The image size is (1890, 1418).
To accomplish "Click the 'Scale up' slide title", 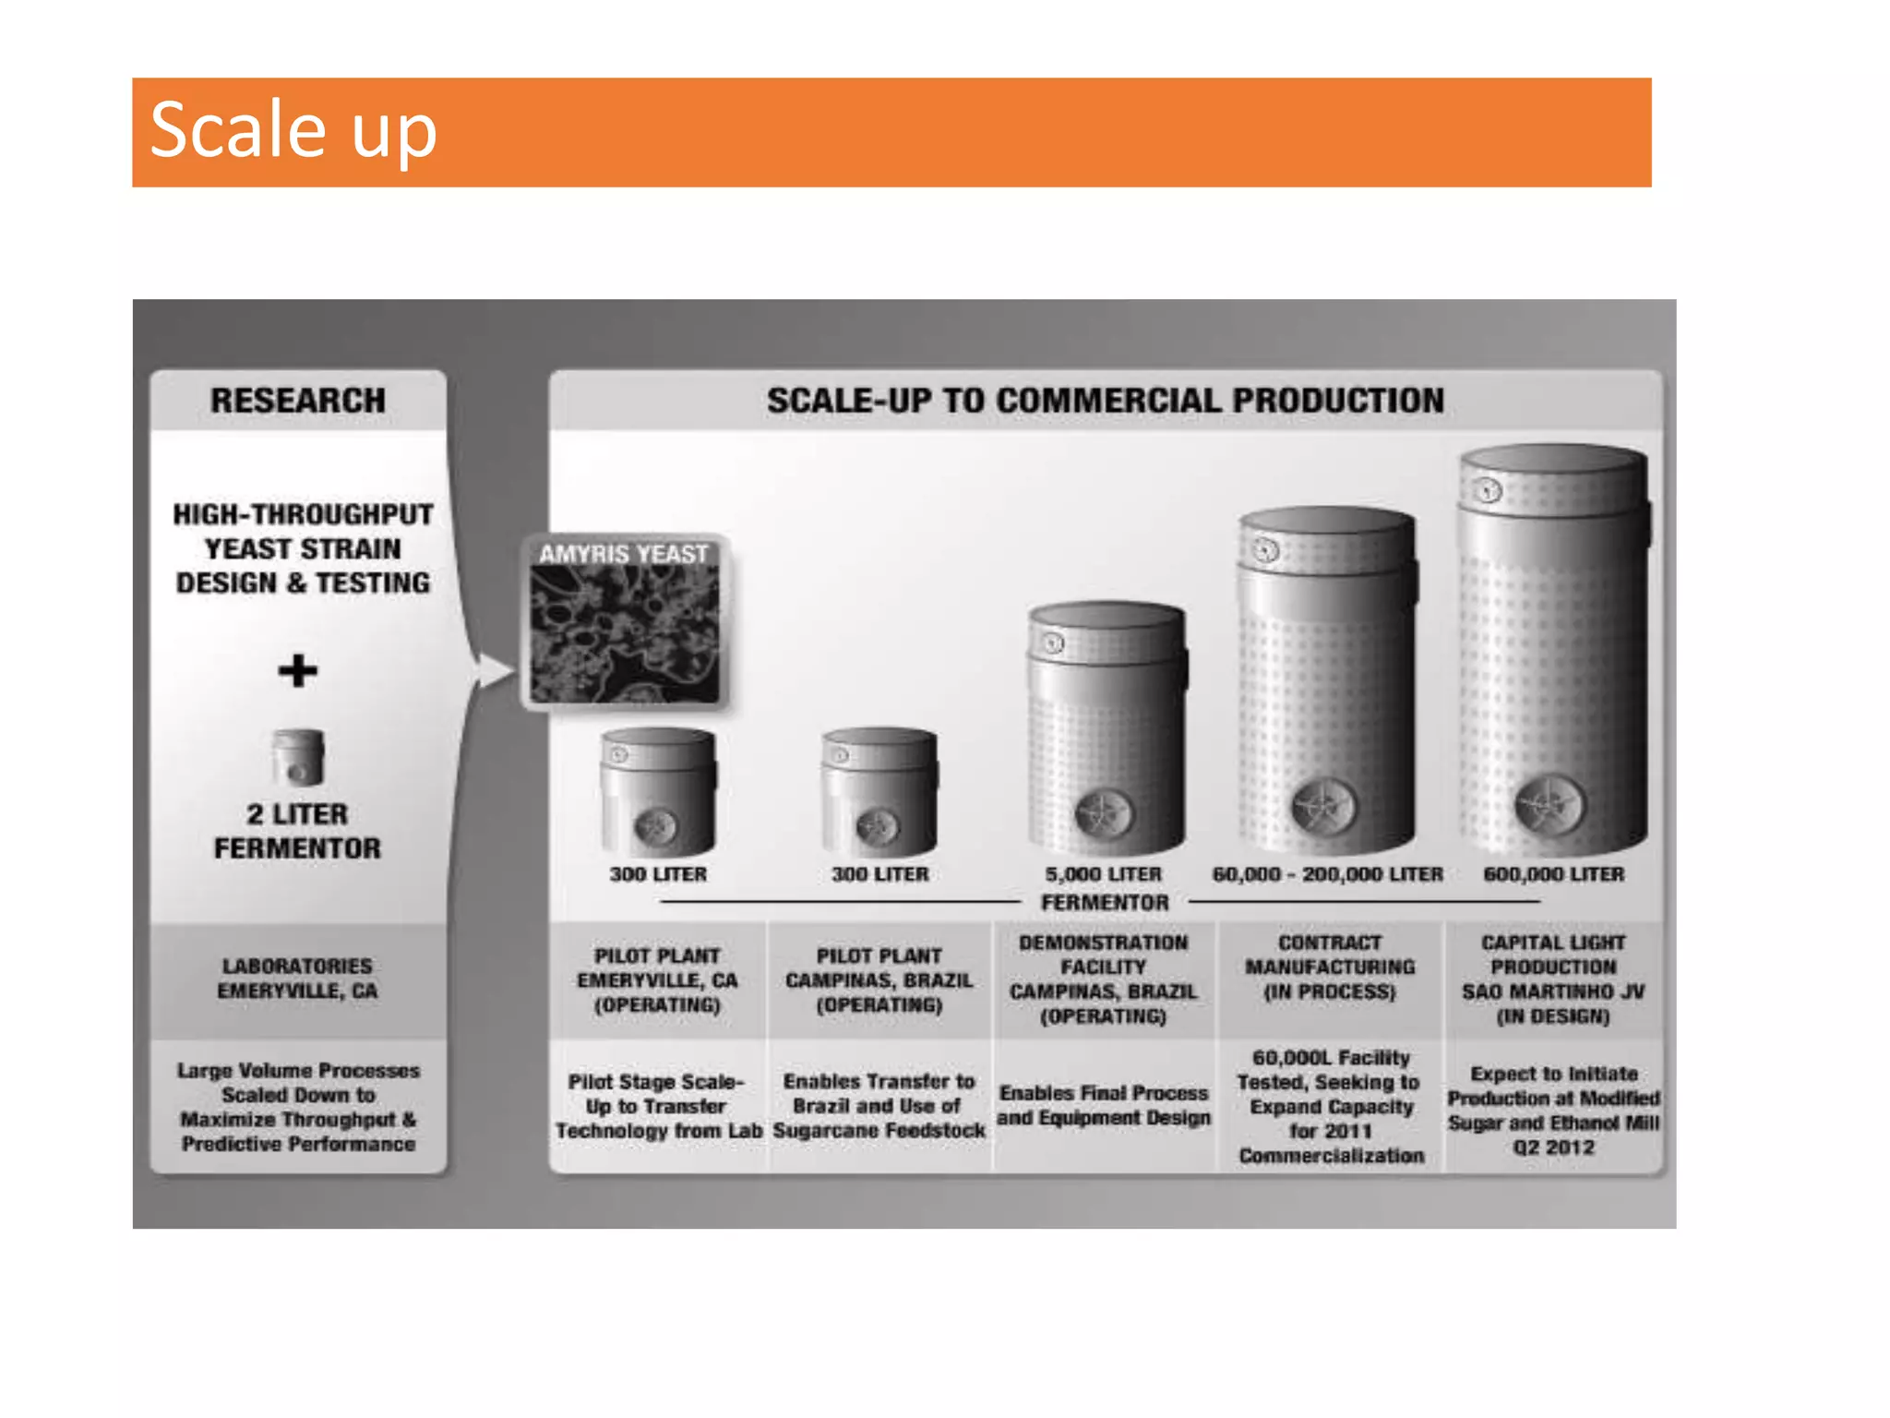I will pyautogui.click(x=293, y=130).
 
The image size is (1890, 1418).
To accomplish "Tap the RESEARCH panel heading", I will pyautogui.click(x=298, y=401).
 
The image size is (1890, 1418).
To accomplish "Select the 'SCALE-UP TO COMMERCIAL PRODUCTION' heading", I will pyautogui.click(x=1105, y=401).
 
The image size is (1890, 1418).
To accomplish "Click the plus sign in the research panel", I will pyautogui.click(x=297, y=670).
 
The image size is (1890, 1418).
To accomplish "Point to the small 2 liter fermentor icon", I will pyautogui.click(x=298, y=756).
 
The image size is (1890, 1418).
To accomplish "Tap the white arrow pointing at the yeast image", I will pyautogui.click(x=493, y=670).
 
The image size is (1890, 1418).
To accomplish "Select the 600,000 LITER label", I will pyautogui.click(x=1553, y=873).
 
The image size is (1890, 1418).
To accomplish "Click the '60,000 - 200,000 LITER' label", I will pyautogui.click(x=1327, y=873).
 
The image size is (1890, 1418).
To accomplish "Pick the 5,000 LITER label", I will pyautogui.click(x=1103, y=873).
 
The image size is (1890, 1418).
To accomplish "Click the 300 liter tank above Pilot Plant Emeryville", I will pyautogui.click(x=657, y=792).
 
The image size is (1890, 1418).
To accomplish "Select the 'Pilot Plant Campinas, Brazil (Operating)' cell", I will pyautogui.click(x=879, y=980).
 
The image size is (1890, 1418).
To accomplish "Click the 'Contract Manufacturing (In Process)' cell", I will pyautogui.click(x=1330, y=967).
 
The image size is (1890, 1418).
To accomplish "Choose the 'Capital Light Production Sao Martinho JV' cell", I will pyautogui.click(x=1553, y=979).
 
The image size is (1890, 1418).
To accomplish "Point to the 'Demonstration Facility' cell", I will pyautogui.click(x=1103, y=979).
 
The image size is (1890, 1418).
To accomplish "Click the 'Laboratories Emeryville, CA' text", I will pyautogui.click(x=297, y=979).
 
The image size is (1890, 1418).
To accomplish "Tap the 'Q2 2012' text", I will pyautogui.click(x=1553, y=1148).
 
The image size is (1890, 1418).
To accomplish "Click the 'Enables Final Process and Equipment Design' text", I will pyautogui.click(x=1103, y=1105).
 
